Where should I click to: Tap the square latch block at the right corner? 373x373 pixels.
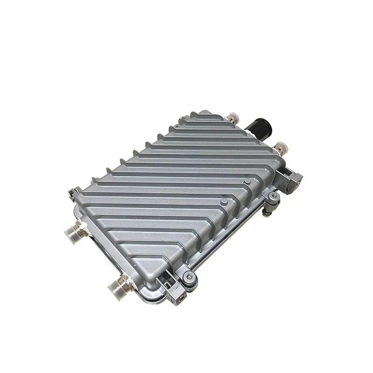point(295,182)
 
